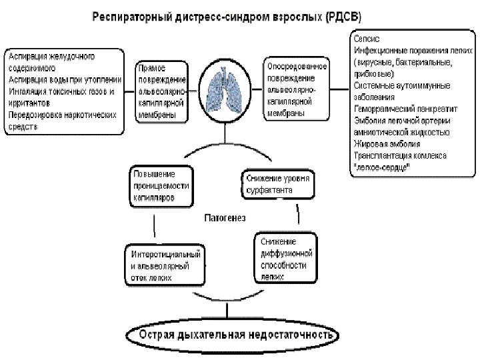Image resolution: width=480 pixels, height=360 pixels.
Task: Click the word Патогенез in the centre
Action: (225, 218)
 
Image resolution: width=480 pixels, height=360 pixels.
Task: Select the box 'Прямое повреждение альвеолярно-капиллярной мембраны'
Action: (161, 91)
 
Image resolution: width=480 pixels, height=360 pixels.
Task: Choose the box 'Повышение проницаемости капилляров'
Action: (161, 185)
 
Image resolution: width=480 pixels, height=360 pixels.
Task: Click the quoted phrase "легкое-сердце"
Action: (382, 167)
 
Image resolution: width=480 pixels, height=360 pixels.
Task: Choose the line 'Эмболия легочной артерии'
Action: (402, 121)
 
